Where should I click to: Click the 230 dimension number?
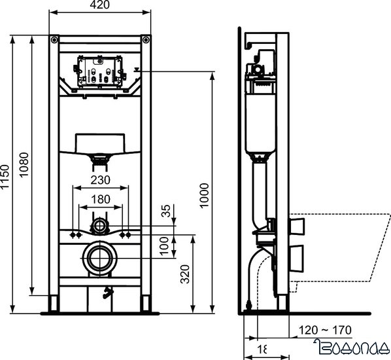pos(100,180)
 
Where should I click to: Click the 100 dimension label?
pos(166,246)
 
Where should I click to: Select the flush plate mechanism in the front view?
pos(101,71)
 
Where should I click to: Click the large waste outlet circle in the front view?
pos(101,257)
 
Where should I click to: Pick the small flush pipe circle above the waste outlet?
pos(101,226)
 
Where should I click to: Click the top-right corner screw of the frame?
pos(148,40)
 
